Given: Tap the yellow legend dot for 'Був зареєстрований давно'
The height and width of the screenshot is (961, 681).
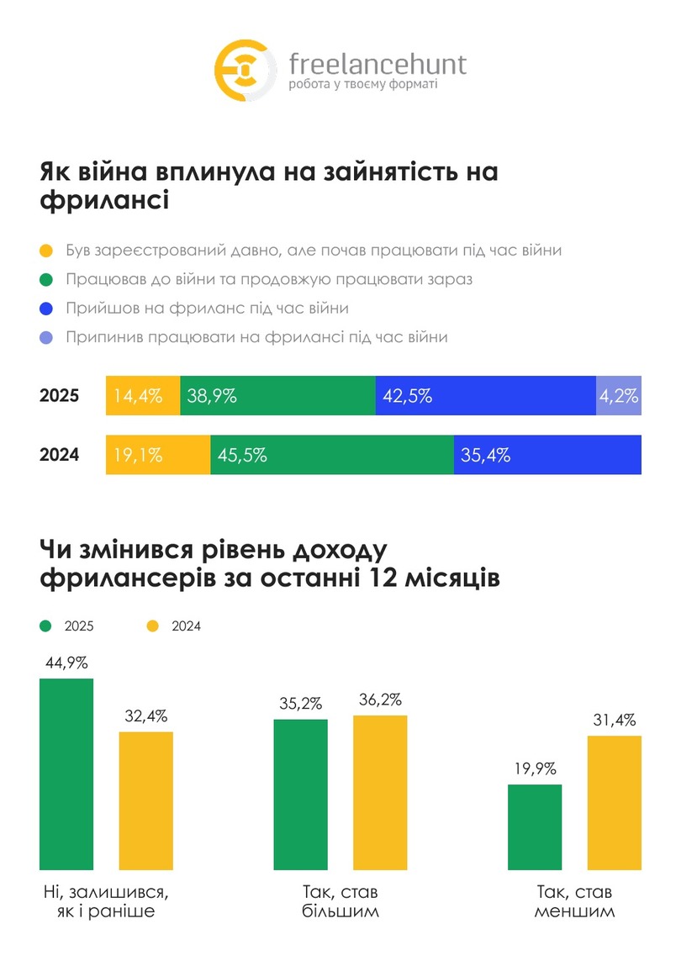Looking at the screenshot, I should click(x=46, y=251).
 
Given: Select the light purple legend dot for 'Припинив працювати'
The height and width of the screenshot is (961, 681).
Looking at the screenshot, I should click(x=46, y=337).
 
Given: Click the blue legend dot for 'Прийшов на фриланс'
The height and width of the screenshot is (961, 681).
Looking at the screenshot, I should click(x=46, y=309).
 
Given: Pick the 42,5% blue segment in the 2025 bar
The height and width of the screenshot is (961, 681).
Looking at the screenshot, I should click(x=485, y=396).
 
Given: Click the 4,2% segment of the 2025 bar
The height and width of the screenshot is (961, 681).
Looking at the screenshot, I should click(x=619, y=396).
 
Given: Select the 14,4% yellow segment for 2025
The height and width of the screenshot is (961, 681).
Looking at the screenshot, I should click(x=143, y=396).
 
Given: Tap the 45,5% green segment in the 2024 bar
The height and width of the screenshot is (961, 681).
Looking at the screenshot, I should click(x=332, y=456).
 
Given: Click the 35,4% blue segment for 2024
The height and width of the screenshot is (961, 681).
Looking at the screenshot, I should click(x=547, y=456).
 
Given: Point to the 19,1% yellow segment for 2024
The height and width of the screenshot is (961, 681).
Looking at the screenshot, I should click(x=158, y=456).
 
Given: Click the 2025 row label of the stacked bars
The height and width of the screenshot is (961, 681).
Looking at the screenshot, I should click(x=59, y=396).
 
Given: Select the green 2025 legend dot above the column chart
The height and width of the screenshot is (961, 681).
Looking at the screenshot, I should click(x=46, y=626).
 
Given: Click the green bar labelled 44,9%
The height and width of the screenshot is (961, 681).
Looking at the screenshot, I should click(x=66, y=774).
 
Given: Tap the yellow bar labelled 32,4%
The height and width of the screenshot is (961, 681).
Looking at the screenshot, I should click(x=145, y=800).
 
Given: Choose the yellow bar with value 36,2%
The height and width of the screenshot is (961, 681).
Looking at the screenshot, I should click(x=380, y=792).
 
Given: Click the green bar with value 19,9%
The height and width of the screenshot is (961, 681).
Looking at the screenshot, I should click(x=535, y=826).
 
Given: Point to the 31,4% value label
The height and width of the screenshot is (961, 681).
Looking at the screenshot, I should click(x=615, y=720).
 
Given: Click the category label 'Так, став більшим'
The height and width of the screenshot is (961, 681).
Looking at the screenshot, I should click(x=340, y=901).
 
